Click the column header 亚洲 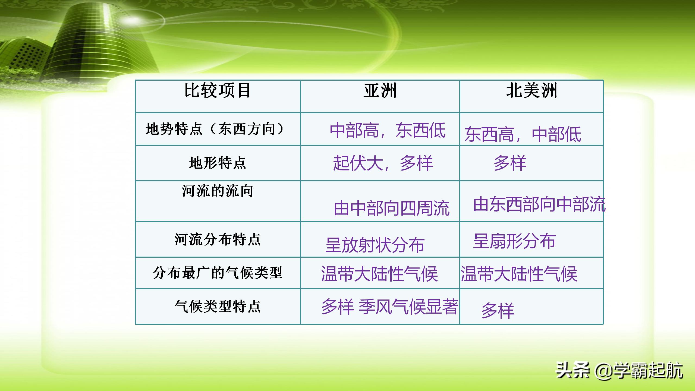tap(380, 91)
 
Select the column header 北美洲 tap(532, 91)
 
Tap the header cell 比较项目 tap(217, 91)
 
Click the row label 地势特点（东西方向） tap(215, 129)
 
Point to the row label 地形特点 tap(217, 163)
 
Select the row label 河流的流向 tap(217, 191)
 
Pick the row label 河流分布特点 tap(217, 239)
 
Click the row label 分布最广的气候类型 tap(217, 273)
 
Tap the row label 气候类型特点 tap(217, 307)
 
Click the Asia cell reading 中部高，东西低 tap(388, 131)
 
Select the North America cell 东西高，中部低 tap(523, 134)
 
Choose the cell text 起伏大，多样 tap(383, 163)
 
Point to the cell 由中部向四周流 tap(391, 209)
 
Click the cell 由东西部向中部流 tap(539, 204)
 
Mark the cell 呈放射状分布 tap(375, 245)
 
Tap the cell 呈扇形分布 tap(514, 241)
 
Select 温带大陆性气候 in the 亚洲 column tap(379, 274)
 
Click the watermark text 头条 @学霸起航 tap(619, 371)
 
